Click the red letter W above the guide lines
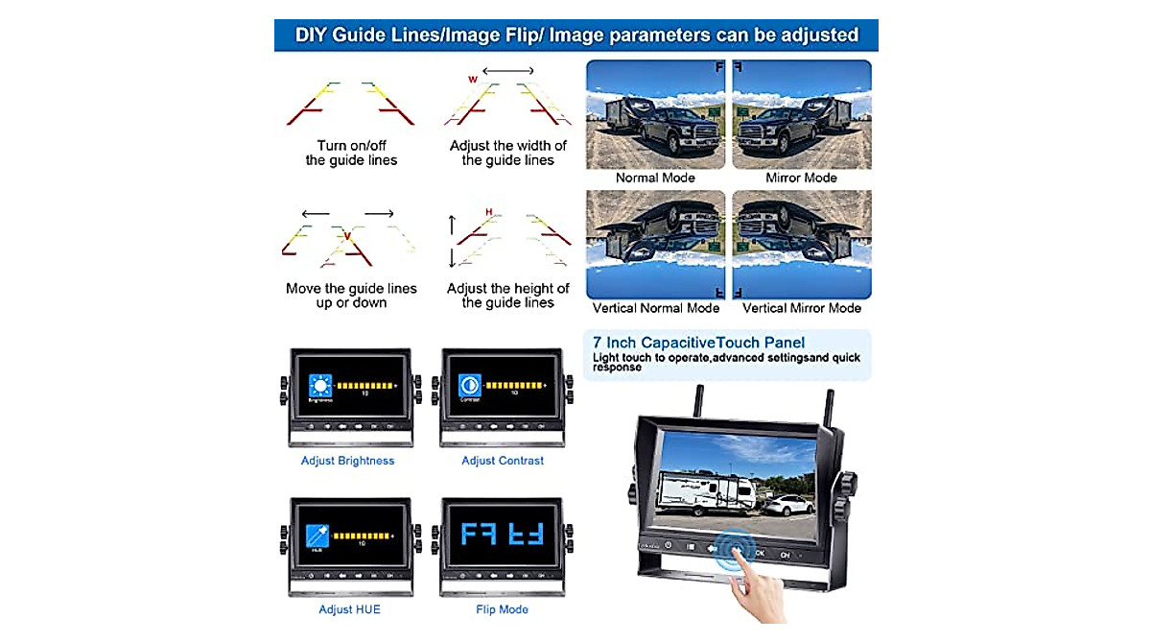click(x=472, y=80)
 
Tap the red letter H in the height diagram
click(x=489, y=212)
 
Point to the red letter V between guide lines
click(x=346, y=235)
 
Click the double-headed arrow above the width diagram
click(x=507, y=71)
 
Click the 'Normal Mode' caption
click(x=655, y=178)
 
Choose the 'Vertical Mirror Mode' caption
click(x=802, y=308)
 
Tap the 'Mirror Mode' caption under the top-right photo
click(x=801, y=178)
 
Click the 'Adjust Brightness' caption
click(x=347, y=461)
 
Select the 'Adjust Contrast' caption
click(x=503, y=461)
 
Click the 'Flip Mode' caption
click(x=502, y=609)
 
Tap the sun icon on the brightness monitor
click(x=319, y=387)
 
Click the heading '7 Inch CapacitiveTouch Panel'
click(x=698, y=343)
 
